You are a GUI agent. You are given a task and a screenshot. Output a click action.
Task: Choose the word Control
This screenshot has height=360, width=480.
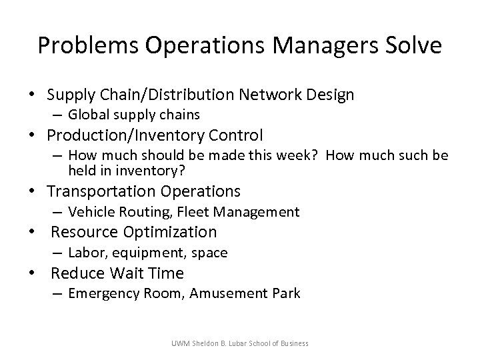tap(234, 135)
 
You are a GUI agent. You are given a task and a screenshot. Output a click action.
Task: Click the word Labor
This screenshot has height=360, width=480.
tap(85, 253)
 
